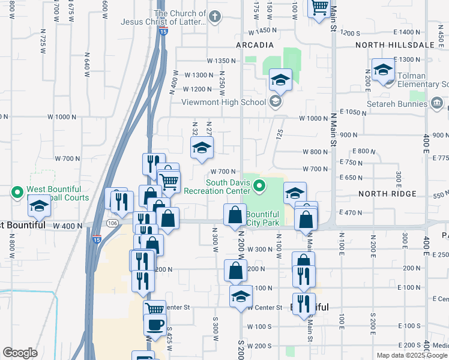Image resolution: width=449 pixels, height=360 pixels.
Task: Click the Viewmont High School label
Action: (224, 102)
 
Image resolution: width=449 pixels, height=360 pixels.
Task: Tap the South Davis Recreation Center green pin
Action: (259, 187)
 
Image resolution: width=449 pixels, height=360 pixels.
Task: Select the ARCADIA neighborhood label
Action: (255, 45)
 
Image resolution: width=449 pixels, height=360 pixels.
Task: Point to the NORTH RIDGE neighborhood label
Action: (388, 194)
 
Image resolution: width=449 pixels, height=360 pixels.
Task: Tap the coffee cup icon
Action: (155, 325)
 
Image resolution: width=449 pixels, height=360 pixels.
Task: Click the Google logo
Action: (20, 353)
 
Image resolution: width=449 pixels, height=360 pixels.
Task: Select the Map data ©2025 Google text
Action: (412, 355)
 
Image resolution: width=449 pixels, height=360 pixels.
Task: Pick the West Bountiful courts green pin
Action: (18, 193)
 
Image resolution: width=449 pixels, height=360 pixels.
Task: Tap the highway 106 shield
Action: (112, 223)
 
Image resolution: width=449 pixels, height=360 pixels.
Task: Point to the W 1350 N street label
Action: (219, 61)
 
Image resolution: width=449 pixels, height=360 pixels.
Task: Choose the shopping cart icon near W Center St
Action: (155, 310)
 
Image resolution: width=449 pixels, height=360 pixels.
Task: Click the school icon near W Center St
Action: (241, 296)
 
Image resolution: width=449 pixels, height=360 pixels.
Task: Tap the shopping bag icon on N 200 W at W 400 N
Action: (235, 215)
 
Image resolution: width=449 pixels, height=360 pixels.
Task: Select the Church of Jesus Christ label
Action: (179, 17)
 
